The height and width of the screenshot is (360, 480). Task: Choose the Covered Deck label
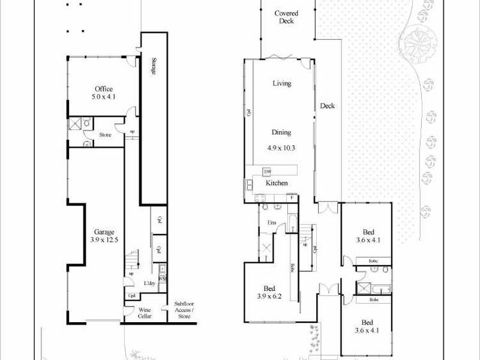287,17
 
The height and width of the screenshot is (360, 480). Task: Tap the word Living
281,83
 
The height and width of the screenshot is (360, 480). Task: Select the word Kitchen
277,183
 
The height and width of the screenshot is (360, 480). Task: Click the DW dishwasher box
268,172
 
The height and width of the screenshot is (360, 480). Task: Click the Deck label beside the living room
327,106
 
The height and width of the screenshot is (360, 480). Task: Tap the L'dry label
150,283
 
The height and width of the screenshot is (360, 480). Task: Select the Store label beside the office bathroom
105,135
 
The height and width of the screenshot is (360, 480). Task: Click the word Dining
281,133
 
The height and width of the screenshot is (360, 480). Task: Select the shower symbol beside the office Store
75,124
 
